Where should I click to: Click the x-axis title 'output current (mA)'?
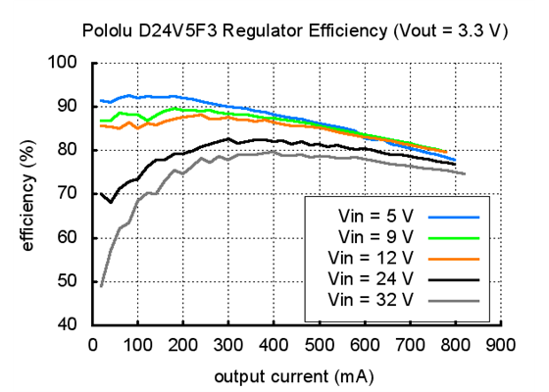click(295, 375)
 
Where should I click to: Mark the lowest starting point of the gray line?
click(101, 285)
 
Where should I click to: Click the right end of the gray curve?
click(465, 174)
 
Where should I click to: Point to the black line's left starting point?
click(101, 193)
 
